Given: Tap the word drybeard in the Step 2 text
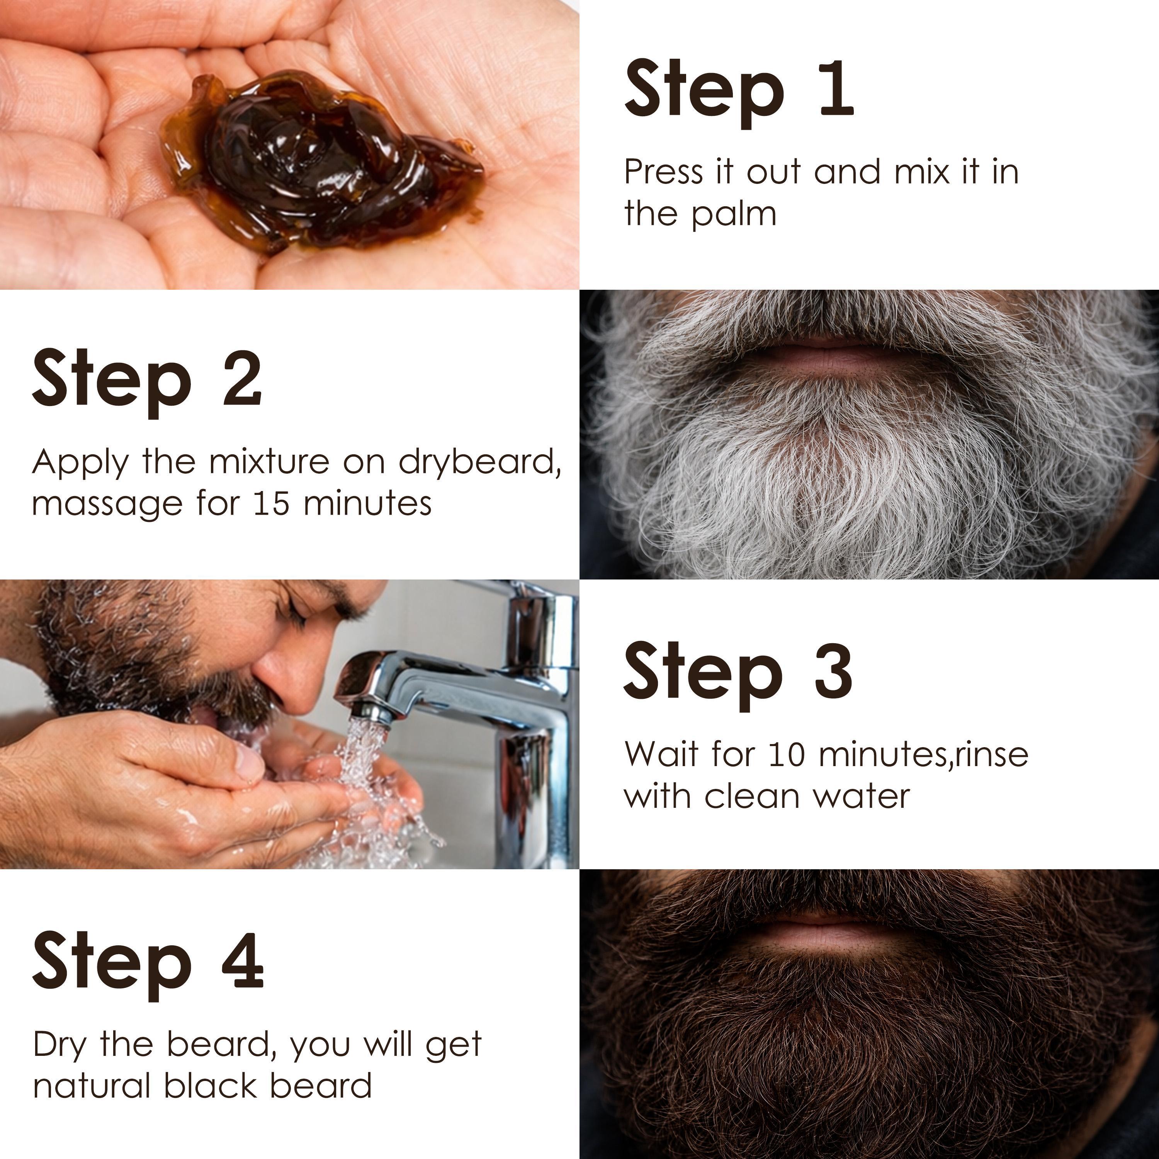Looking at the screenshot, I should coord(477,462).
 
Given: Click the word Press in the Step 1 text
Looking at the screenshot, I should coord(663,173).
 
